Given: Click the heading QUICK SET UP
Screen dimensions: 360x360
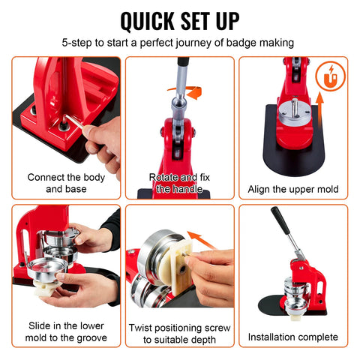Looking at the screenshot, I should pos(180,20).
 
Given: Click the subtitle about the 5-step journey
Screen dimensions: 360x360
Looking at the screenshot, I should pos(180,43).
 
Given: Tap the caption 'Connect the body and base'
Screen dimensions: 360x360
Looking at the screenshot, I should pos(65,183).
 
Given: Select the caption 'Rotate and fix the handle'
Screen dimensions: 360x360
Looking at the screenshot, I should pos(179,183).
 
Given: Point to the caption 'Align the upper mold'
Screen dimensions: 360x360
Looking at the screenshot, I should pos(292,189).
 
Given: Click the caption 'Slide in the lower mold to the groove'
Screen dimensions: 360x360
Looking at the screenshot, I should pos(65,331).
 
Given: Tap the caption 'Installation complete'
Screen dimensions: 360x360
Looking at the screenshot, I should pos(292,337).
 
